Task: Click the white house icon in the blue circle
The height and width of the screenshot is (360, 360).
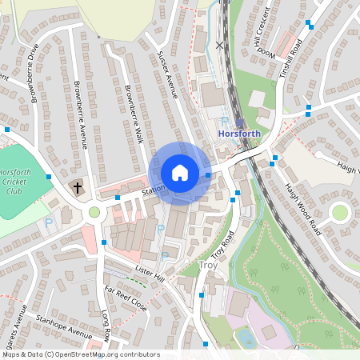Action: point(180,173)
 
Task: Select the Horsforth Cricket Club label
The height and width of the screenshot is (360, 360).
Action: point(15,182)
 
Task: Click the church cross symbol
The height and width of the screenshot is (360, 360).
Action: point(78,189)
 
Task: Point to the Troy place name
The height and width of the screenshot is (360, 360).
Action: point(207,265)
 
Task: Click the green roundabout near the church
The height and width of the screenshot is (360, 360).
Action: point(94,212)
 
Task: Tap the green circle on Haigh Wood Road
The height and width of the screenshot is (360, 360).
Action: point(339,212)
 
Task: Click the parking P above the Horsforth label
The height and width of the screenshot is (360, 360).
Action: point(223,119)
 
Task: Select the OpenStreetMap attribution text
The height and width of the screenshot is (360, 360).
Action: point(80,354)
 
